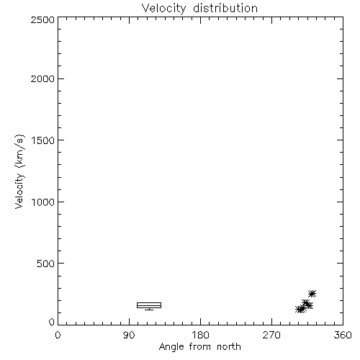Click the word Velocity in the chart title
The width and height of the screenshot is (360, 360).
coord(164,9)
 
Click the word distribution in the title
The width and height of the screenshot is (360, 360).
coord(225,8)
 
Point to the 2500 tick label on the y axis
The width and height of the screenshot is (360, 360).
coord(42,19)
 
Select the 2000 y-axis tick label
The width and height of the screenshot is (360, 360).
coord(42,78)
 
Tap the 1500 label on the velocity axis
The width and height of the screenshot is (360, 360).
coord(43,140)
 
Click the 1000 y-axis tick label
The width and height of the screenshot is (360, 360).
coord(43,202)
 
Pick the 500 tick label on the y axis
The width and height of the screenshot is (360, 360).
coord(46,264)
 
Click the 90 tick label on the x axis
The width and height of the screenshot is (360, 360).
coord(129,335)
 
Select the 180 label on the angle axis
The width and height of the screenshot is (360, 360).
coord(200,335)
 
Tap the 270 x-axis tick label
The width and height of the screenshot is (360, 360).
coord(271,335)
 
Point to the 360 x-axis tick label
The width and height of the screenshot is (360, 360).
coord(343,335)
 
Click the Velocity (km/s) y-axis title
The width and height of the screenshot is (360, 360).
coord(19,171)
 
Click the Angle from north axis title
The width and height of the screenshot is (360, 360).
coord(199,347)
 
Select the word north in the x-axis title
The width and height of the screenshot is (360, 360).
coord(229,346)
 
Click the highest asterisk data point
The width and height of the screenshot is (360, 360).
coord(312,294)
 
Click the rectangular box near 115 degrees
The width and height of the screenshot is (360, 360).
coord(149,303)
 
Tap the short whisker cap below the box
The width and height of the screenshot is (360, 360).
coord(149,310)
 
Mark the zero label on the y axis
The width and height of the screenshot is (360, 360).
coord(52,322)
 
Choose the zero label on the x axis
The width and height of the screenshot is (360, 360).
coord(58,335)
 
